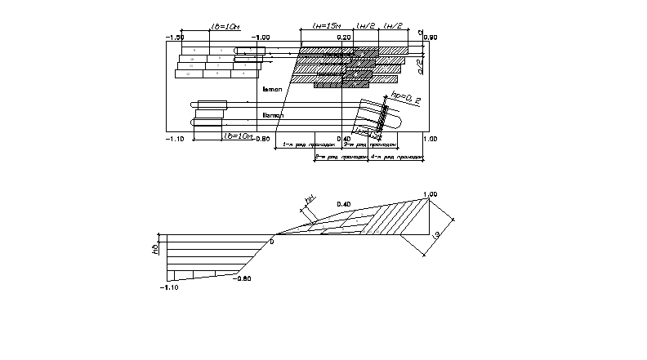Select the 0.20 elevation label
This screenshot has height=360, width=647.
point(342,38)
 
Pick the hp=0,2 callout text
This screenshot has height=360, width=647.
point(406,99)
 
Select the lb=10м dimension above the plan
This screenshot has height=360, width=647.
point(225,28)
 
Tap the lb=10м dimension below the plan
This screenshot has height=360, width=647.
point(237,136)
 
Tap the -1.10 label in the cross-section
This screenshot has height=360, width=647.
point(169,287)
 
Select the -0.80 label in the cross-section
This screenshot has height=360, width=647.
point(242,278)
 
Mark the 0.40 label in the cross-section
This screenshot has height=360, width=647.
point(343,203)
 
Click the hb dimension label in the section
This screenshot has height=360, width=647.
point(155,247)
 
